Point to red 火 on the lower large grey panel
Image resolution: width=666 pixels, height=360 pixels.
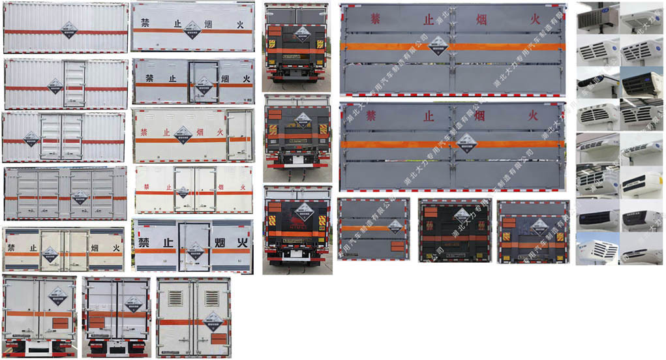(x=533, y=115)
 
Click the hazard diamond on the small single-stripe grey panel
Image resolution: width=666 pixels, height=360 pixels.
(x=395, y=226)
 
